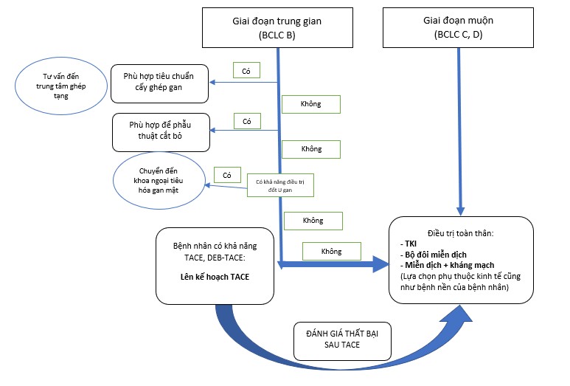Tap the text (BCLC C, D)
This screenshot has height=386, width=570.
pos(459,35)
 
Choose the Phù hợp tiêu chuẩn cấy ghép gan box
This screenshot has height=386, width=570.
pos(160,82)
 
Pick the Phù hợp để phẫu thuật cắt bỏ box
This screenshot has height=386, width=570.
pos(161,131)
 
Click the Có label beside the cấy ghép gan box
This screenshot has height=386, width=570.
pos(246,71)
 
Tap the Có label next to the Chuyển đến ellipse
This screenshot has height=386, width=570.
pos(227,175)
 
